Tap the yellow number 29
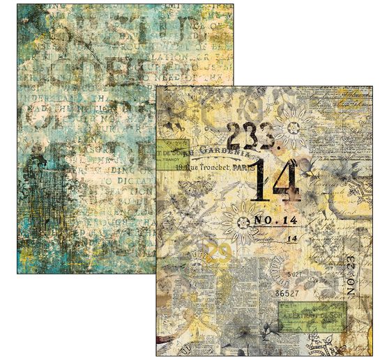coord(202,255)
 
